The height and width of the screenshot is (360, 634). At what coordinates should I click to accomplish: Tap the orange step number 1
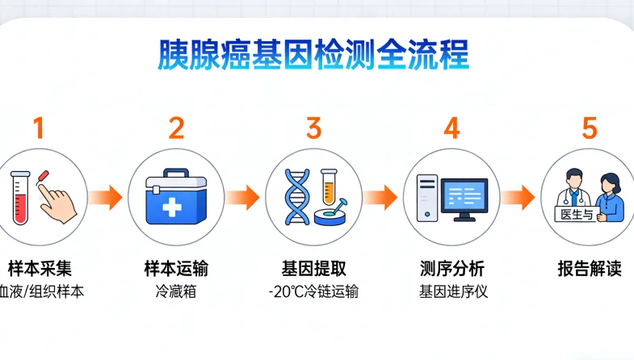pos(38,128)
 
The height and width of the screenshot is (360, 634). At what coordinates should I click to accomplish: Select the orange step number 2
pos(176,128)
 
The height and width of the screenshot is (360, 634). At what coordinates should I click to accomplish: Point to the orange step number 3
pos(313,128)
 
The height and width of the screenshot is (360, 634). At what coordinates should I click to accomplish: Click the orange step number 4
pos(451,128)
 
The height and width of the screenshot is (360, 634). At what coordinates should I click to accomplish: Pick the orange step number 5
pos(590,128)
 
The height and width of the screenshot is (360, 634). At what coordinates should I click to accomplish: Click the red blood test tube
pos(22,198)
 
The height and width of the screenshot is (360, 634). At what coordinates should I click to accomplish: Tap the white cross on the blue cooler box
pos(171,205)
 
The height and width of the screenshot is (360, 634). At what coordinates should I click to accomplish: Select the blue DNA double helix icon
pos(298,198)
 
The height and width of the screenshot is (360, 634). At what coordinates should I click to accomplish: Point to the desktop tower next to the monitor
pos(426,198)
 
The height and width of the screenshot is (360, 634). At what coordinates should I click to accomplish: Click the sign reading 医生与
pos(574,213)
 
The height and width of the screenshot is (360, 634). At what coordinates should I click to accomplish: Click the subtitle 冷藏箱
pos(176,291)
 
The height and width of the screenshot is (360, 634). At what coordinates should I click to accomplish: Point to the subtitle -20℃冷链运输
pos(313,291)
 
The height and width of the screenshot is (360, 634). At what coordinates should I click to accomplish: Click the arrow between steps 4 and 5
pos(520,196)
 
